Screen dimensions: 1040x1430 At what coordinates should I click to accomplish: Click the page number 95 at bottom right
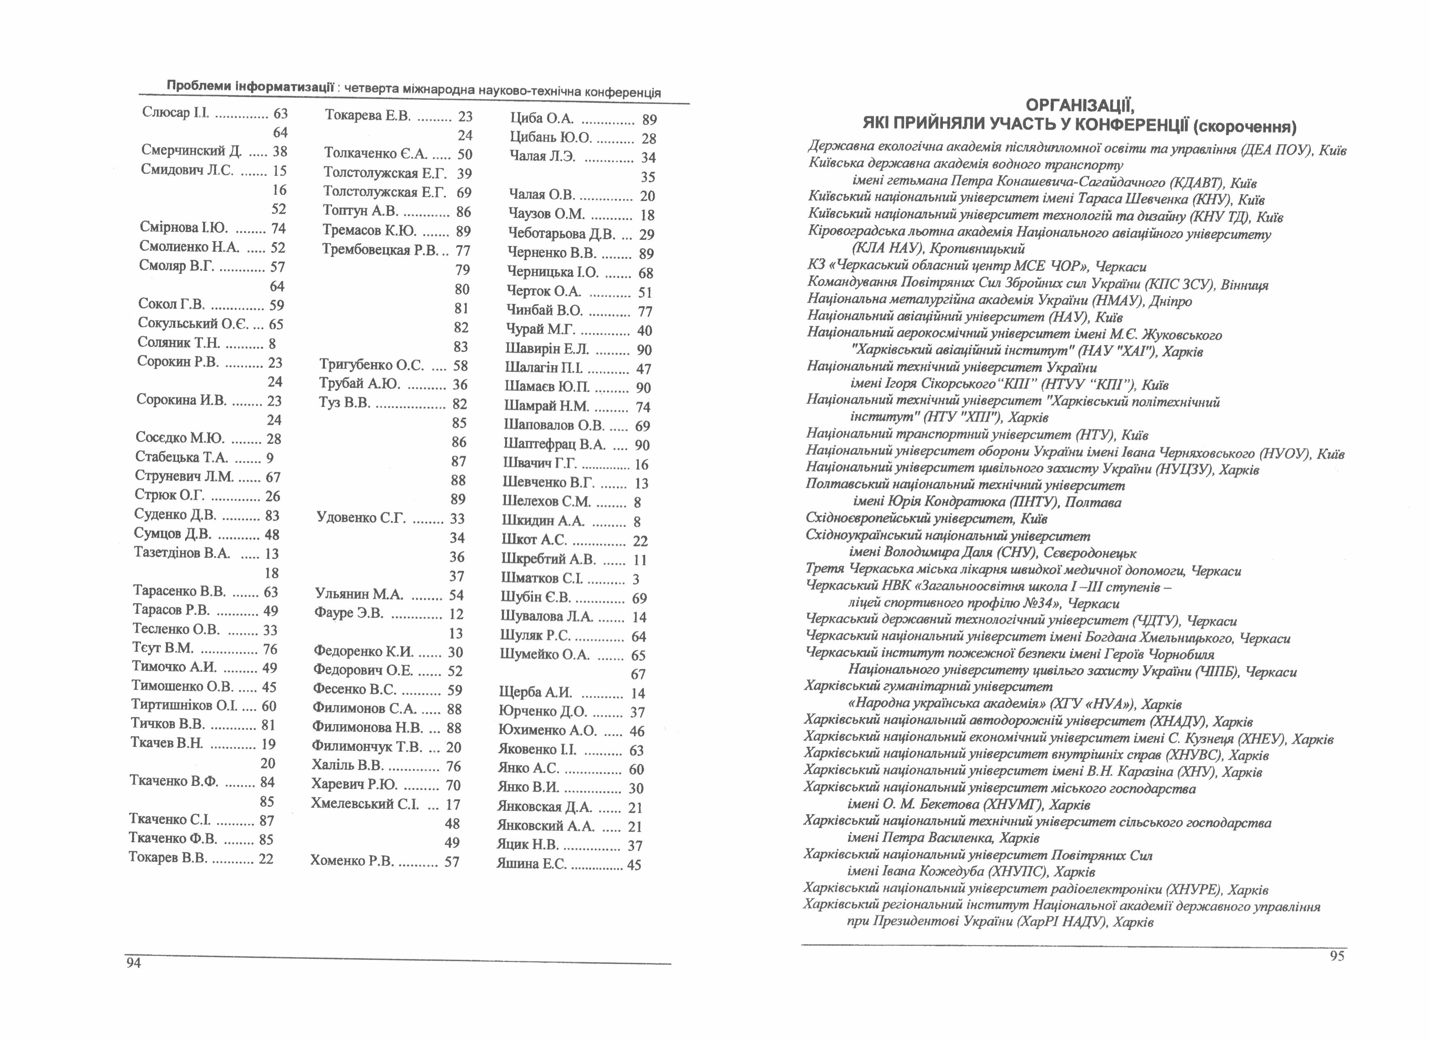point(1337,956)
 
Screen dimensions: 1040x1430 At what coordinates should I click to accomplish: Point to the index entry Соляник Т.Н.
point(179,343)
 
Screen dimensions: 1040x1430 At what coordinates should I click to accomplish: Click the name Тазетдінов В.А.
point(181,553)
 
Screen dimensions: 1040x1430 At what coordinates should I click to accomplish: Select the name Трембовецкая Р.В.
point(380,250)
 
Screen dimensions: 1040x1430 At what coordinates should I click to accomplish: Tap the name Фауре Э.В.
point(349,613)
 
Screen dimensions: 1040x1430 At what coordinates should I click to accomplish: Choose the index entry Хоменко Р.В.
point(352,861)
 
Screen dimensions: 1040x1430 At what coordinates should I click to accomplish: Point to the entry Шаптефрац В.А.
point(554,445)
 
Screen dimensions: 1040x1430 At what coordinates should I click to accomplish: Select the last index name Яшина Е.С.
point(532,864)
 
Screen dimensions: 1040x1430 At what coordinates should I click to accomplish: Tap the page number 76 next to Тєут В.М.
point(270,649)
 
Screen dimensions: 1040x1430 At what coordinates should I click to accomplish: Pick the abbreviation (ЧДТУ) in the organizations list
point(1156,621)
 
